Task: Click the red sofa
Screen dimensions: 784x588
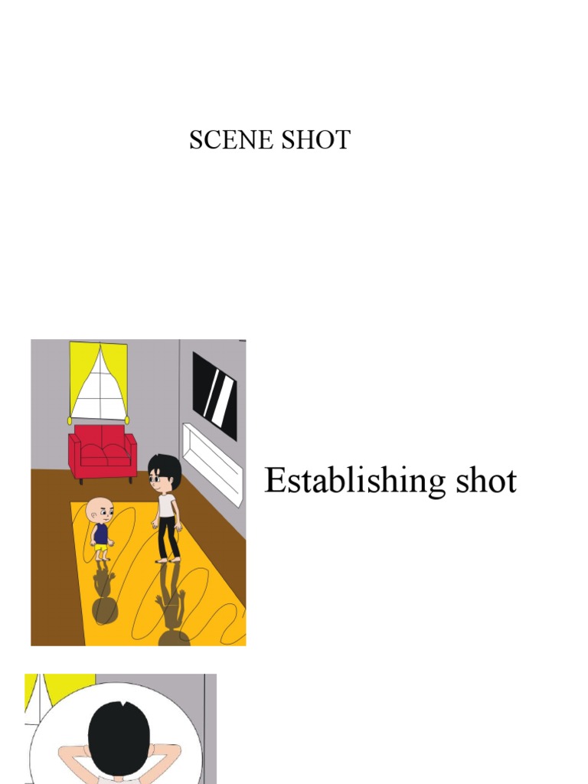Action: click(x=102, y=452)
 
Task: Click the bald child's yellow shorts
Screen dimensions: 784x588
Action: click(x=101, y=550)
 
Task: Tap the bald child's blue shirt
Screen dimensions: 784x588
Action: click(x=100, y=534)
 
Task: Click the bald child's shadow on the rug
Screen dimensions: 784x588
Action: click(x=104, y=597)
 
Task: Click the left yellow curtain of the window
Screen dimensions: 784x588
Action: click(x=77, y=375)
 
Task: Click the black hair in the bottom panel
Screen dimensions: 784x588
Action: click(x=119, y=736)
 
